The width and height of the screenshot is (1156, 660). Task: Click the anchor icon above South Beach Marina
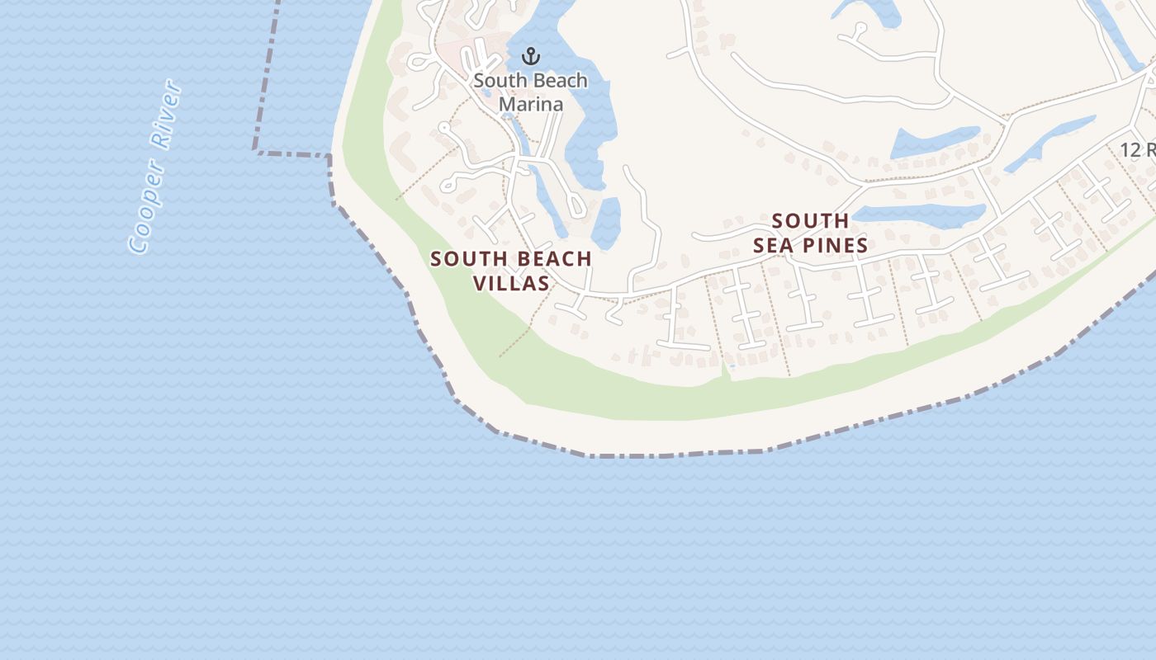pos(532,57)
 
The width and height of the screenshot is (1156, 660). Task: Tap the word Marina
pos(531,104)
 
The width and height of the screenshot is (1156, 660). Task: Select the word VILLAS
pos(511,283)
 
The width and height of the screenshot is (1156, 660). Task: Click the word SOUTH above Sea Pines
pos(810,221)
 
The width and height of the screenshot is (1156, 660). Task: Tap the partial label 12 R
pos(1138,150)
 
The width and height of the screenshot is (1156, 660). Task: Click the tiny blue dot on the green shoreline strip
pos(732,365)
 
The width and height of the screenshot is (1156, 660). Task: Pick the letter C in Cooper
pos(137,242)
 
